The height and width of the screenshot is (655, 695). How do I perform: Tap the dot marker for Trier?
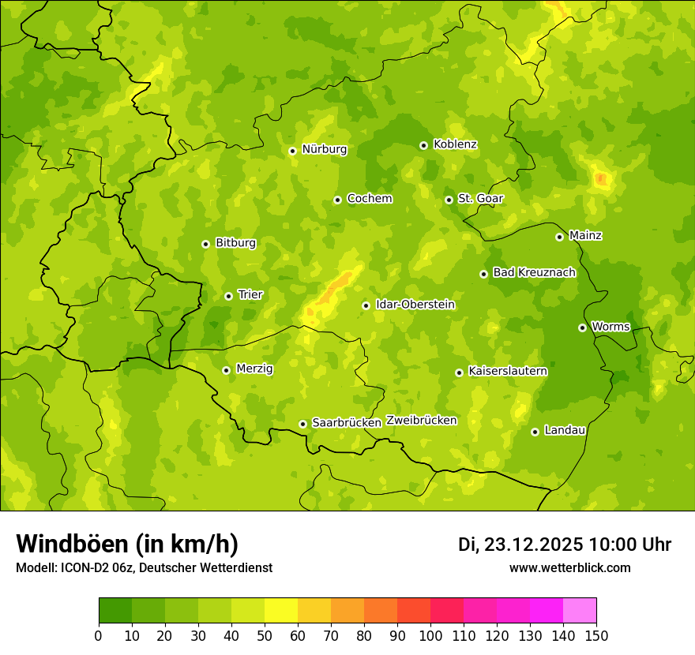[x=228, y=296]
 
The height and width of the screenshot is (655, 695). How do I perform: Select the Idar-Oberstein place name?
[x=415, y=305]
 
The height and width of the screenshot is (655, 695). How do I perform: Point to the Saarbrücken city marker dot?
[x=302, y=424]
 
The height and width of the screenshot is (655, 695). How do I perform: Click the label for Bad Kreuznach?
[x=534, y=273]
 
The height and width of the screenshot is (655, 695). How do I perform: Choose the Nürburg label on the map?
[x=324, y=149]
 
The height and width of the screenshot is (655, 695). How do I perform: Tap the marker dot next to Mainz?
[x=559, y=237]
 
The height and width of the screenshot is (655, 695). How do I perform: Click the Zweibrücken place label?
[x=421, y=421]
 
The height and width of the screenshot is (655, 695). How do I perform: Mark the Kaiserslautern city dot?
[x=459, y=372]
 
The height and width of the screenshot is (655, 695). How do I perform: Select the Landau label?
[x=565, y=430]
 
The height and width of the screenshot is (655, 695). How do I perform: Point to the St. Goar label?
[x=480, y=199]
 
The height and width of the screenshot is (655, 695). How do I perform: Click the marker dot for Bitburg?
[x=205, y=244]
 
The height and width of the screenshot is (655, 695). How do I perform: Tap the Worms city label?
[x=610, y=327]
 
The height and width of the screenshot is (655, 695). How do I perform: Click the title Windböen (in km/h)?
[x=126, y=544]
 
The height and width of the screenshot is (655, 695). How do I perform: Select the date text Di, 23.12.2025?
[x=520, y=545]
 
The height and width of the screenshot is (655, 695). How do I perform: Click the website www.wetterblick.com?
[x=569, y=568]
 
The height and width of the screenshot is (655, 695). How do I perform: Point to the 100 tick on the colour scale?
[x=430, y=635]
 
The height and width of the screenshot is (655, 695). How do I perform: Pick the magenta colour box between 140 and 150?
[x=580, y=611]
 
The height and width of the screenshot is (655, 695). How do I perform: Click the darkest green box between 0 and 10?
[x=115, y=611]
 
